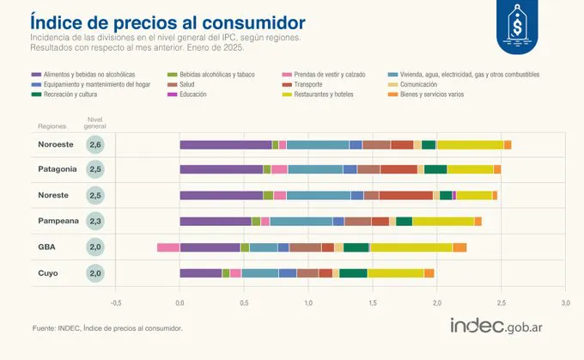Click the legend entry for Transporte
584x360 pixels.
point(306,84)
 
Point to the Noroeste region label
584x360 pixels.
point(55,144)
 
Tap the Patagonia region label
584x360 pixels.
point(57,170)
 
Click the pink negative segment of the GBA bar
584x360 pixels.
point(168,247)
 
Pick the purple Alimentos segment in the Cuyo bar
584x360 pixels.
point(201,273)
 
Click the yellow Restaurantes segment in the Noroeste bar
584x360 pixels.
point(470,144)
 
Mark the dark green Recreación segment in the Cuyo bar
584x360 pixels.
point(354,273)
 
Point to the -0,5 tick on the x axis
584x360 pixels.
point(115,302)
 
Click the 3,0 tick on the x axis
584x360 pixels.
point(565,302)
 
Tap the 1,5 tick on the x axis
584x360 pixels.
point(373,302)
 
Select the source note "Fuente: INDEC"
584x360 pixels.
point(107,328)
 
